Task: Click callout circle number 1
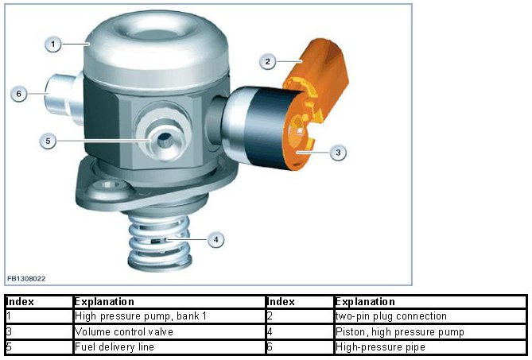[x=53, y=44]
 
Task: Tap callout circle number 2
[x=268, y=61]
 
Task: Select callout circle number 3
[x=338, y=153]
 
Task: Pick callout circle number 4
[x=216, y=240]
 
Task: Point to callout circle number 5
[x=48, y=141]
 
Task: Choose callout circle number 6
[x=18, y=93]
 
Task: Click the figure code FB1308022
[x=26, y=279]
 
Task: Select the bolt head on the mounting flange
[x=109, y=187]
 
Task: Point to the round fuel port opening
[x=165, y=138]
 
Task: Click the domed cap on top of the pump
[x=156, y=51]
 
